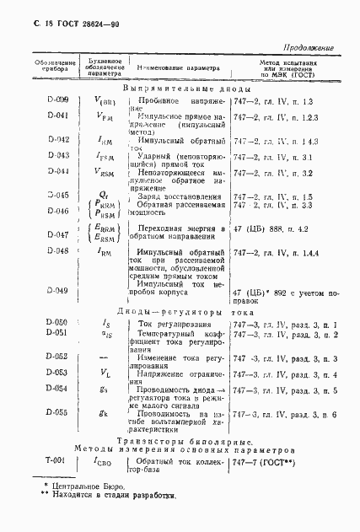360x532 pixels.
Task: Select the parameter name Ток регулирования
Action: pos(173,324)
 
